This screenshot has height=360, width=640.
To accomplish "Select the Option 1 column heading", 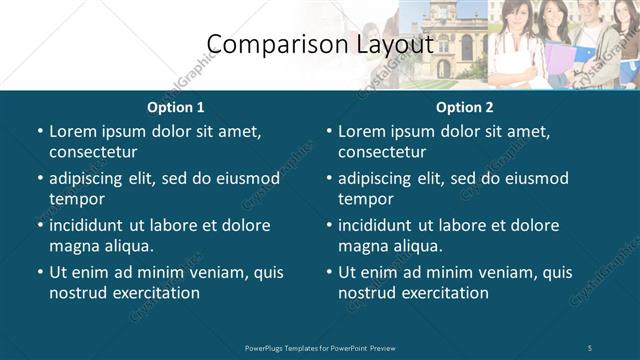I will pos(176,107).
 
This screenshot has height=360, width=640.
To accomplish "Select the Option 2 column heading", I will pos(465,107).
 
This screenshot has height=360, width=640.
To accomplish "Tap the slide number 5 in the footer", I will pos(591,347).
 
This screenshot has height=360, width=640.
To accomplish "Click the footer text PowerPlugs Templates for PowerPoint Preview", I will pos(319,347).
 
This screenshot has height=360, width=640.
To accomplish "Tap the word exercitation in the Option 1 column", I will pos(154,293).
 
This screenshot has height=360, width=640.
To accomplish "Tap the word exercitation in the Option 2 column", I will pos(443,293).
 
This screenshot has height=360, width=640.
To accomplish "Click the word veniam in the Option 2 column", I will pos(488,272).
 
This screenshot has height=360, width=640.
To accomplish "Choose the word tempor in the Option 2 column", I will pos(365,199).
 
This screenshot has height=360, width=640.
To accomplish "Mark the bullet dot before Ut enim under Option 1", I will pos(39,272).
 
